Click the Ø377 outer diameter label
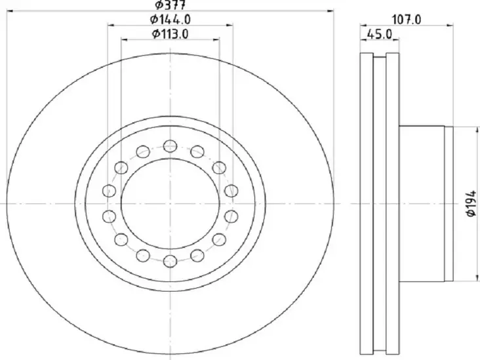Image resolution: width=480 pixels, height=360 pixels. (x=170, y=5)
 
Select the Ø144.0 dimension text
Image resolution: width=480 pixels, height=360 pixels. (x=170, y=20)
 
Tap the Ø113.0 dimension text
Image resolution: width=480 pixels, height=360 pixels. (x=170, y=34)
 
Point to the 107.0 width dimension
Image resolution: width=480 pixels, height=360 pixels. (x=407, y=20)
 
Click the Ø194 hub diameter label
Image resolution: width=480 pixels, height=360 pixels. (x=471, y=203)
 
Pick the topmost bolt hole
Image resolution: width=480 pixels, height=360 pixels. (x=170, y=146)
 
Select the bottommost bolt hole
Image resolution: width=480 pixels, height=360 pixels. (x=170, y=261)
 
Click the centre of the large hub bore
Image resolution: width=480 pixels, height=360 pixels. (x=170, y=203)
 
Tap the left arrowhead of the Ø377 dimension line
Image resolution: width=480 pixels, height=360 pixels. (x=10, y=11)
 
